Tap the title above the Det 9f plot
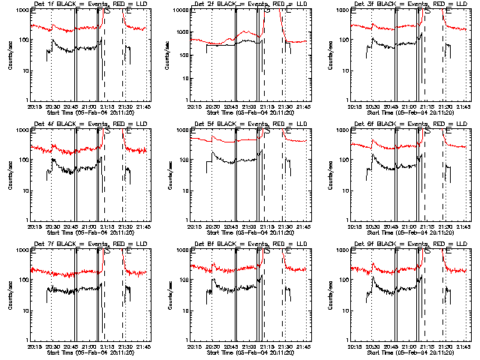[x=409, y=244]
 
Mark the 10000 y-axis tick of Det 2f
[x=180, y=11]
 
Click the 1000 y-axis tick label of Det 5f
[x=183, y=130]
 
